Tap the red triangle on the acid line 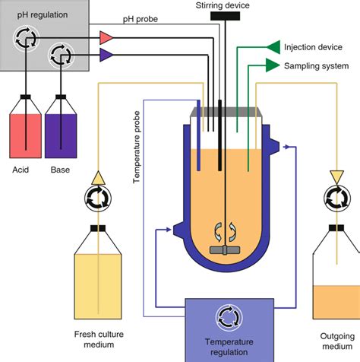coord(106,37)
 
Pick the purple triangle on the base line coord(106,53)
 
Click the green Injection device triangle coord(271,46)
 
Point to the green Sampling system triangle coord(271,65)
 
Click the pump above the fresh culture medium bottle coord(98,200)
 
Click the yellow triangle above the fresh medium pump coord(98,177)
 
